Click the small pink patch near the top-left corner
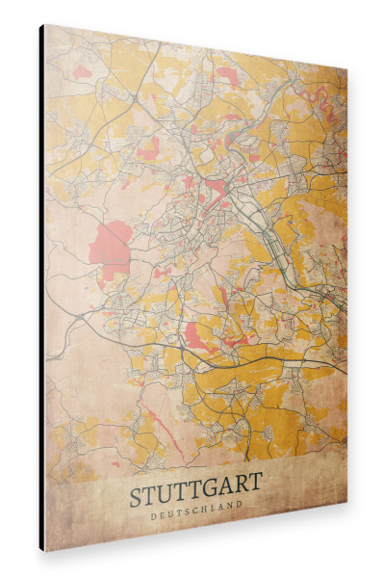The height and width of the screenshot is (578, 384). pyautogui.click(x=83, y=71)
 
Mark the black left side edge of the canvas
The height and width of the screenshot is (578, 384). pyautogui.click(x=41, y=289)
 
